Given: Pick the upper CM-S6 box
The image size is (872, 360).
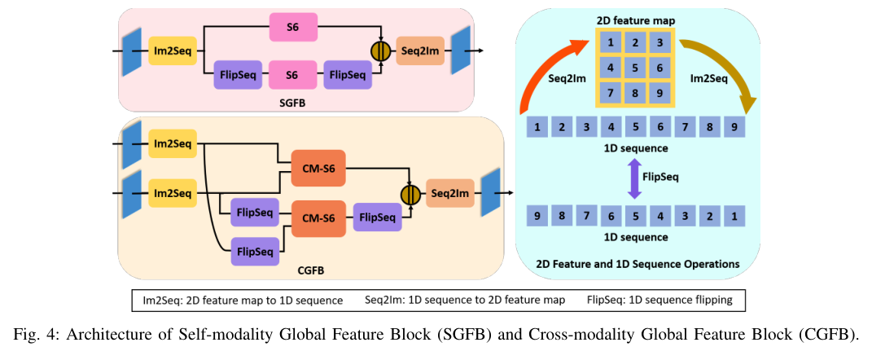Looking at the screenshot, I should [x=318, y=169].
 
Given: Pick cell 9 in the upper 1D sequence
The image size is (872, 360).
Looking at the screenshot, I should [x=734, y=127].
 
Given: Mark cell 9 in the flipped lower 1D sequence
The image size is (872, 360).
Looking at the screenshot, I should [x=538, y=217].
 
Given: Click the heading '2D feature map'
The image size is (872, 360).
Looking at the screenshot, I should [x=637, y=17].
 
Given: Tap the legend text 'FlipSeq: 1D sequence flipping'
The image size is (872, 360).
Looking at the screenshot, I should [x=659, y=300].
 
